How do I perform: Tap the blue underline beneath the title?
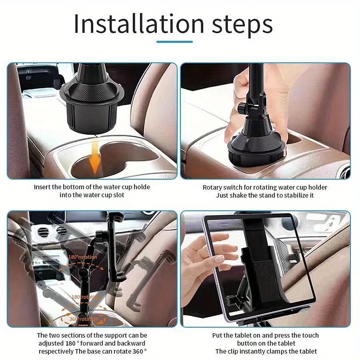click(174, 41)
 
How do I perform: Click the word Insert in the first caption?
click(43, 187)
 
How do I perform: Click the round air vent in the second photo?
click(343, 170)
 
